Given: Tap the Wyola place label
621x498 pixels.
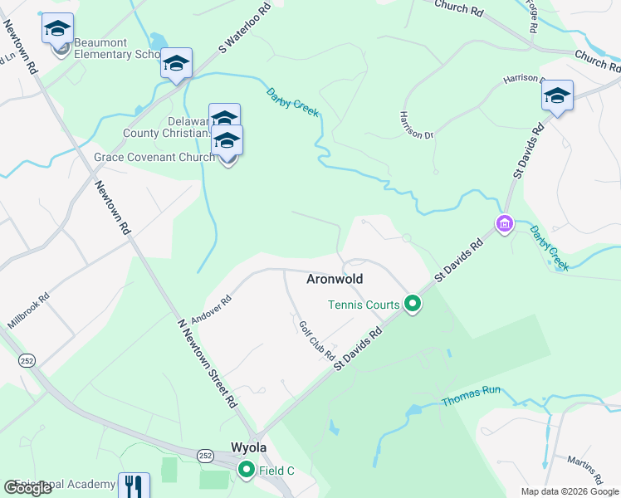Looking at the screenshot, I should click(249, 447).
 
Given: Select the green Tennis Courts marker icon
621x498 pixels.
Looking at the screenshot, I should click(413, 305).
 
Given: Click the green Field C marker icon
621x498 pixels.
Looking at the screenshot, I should click(246, 471).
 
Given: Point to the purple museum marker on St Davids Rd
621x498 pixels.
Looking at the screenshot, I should click(503, 223).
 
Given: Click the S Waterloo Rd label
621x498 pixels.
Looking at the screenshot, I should click(246, 28).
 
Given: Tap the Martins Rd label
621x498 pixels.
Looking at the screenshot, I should click(585, 470).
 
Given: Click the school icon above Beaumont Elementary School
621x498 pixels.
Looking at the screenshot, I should click(57, 29).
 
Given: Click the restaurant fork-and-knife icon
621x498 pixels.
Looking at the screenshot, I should click(134, 485).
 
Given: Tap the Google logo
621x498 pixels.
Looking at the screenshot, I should click(27, 488).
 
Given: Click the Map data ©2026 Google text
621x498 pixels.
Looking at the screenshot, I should click(570, 491).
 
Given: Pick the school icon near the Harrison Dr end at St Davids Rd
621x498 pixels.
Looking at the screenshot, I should click(557, 95).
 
